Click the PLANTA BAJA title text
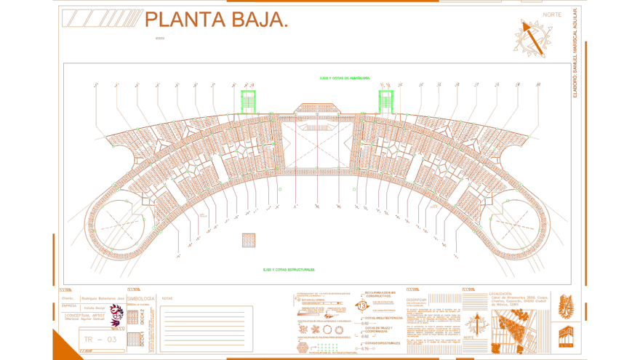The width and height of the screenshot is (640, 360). point(216,20)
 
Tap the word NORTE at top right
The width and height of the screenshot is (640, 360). point(552,15)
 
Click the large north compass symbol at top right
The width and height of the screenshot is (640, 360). point(533,38)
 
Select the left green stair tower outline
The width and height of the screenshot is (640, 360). point(249,101)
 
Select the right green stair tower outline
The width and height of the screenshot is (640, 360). point(385,101)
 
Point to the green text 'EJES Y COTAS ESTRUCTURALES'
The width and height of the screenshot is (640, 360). point(289,270)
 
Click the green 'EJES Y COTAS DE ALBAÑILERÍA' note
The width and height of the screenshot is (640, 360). point(345,78)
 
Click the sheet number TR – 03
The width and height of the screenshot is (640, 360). point(100,340)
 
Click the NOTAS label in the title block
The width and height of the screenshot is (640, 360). point(167,298)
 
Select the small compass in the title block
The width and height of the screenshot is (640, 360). point(476,324)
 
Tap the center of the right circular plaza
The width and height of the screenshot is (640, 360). point(517,226)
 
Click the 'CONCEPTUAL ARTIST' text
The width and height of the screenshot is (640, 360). point(84,315)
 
